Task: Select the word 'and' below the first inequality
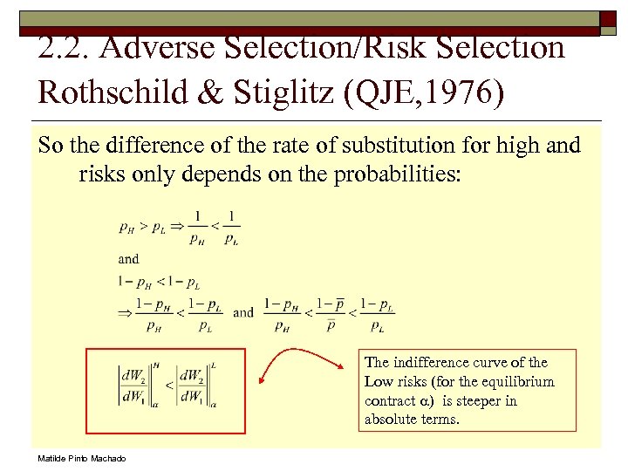click(128, 258)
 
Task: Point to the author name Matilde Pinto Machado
click(81, 459)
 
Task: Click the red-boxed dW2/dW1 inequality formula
click(167, 384)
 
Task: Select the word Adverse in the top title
click(157, 49)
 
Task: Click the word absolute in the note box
click(392, 420)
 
